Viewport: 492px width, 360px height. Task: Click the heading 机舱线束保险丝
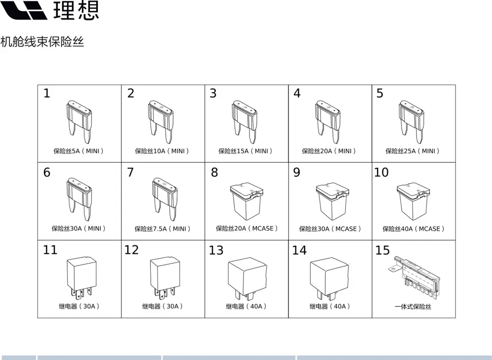tap(42, 42)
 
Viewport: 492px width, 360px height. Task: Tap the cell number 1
tap(47, 93)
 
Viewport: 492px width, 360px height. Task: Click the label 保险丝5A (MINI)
tap(79, 151)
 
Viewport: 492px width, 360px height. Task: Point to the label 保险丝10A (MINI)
tap(162, 151)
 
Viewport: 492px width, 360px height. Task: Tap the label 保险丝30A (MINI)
tap(79, 228)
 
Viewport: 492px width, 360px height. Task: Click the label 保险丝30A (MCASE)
tap(330, 229)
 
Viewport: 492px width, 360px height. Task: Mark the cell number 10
tap(381, 172)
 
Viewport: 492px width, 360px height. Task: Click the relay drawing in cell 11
tap(81, 276)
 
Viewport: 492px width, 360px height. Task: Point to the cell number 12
tap(131, 250)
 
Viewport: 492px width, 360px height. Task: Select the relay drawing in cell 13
tap(247, 278)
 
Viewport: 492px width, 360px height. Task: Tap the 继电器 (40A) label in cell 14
tap(330, 306)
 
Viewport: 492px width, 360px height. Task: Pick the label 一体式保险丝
tap(413, 306)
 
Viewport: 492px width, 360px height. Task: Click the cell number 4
tap(297, 93)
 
